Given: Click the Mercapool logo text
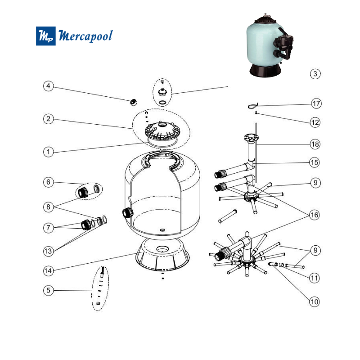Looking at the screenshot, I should tap(85, 36).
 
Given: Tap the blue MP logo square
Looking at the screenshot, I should tap(46, 36).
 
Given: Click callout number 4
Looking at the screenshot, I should tap(49, 85).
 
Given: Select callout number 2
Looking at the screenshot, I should tap(49, 119).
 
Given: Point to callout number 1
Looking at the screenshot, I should tap(49, 152).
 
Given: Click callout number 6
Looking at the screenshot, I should tap(49, 182).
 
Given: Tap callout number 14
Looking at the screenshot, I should tap(49, 270).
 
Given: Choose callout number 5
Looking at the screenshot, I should tap(49, 290).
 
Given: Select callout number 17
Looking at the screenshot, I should tap(316, 103).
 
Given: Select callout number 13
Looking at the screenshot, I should tap(49, 251).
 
